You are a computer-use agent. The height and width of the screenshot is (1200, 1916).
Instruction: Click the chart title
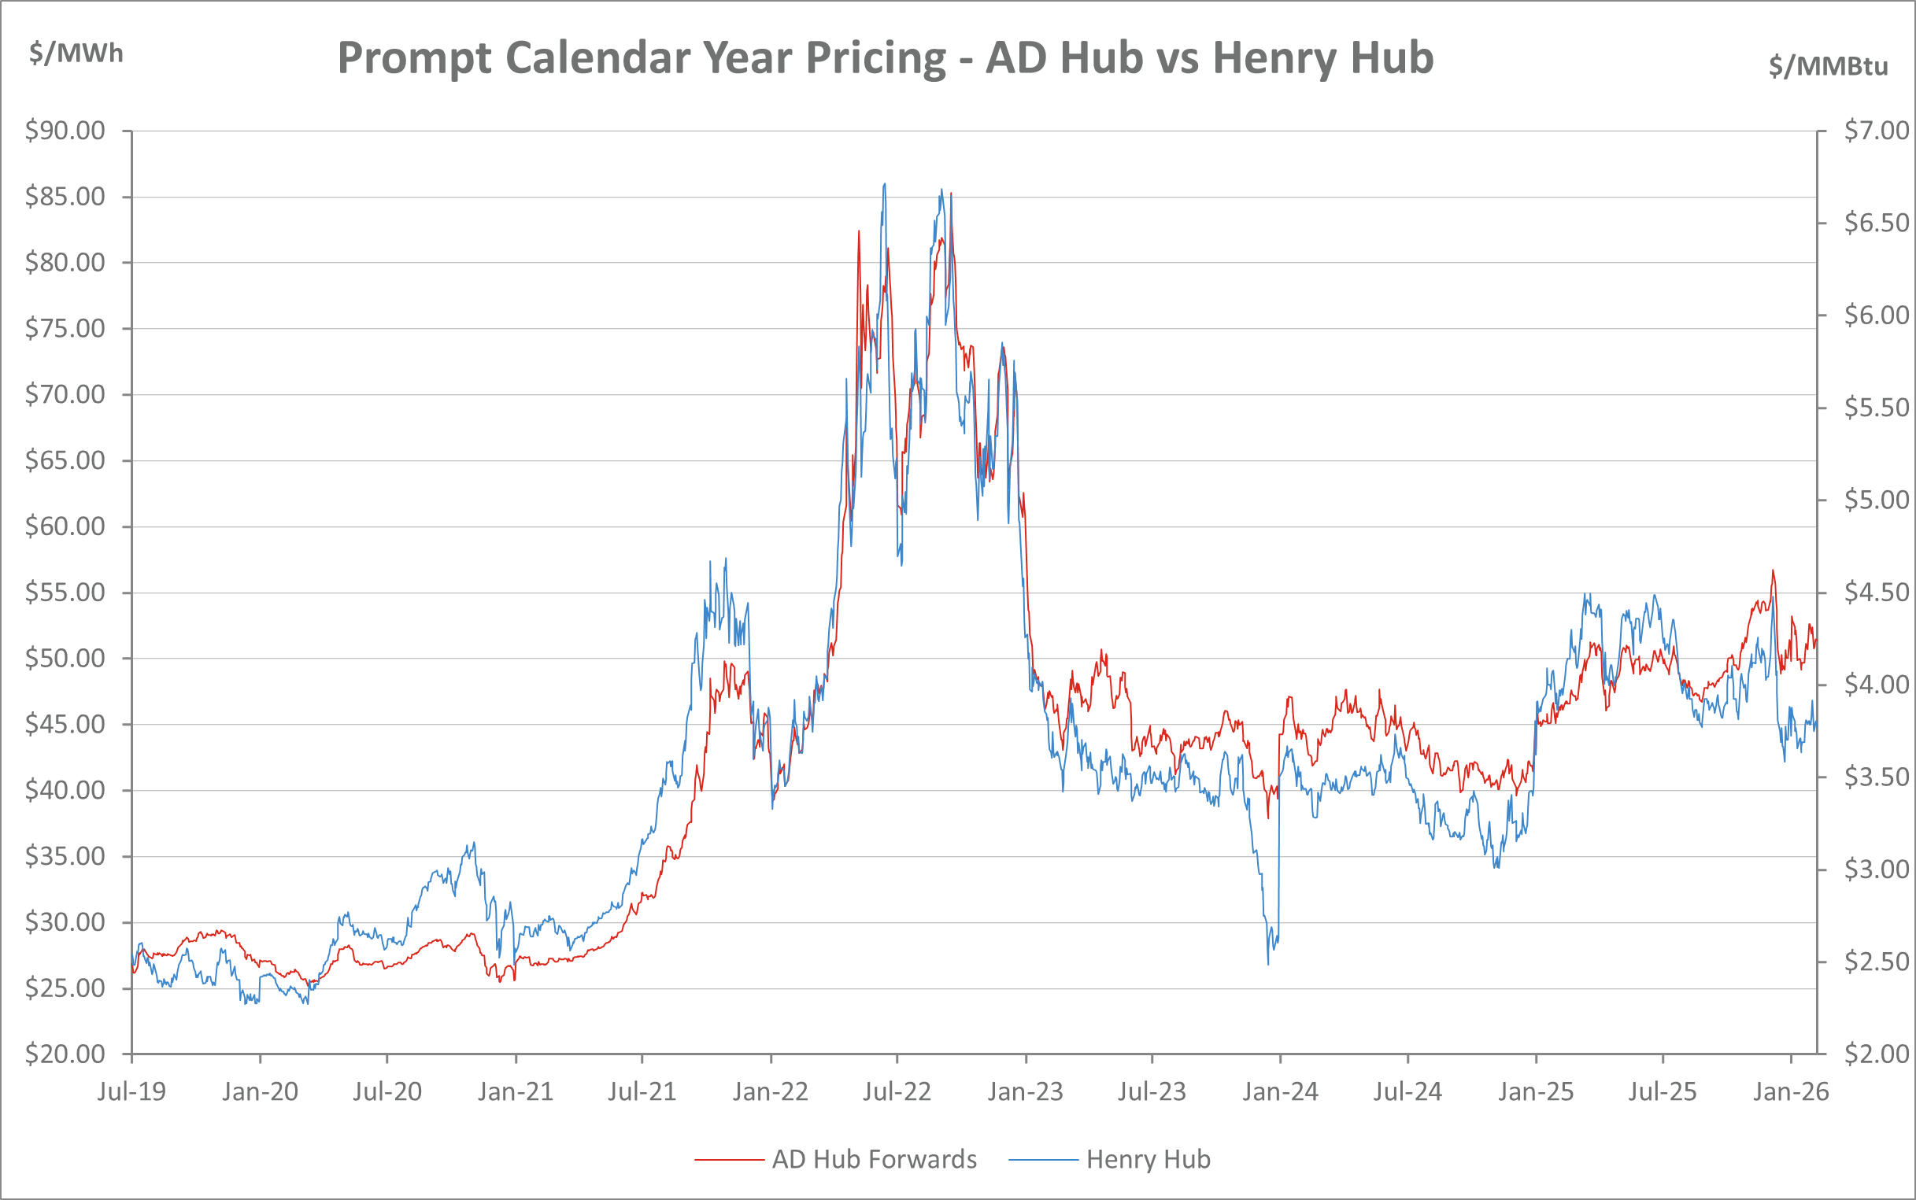(x=885, y=58)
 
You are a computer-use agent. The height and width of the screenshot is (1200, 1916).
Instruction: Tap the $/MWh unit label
(x=76, y=54)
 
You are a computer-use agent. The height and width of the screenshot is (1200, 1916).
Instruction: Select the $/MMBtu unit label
(x=1828, y=66)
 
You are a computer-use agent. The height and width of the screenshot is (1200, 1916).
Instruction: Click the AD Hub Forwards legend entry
(x=874, y=1160)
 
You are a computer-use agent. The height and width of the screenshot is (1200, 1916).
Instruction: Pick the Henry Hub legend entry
(x=1148, y=1160)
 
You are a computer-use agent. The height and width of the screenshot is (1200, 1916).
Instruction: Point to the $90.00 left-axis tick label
(x=65, y=130)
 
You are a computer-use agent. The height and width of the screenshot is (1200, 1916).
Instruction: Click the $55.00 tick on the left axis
(x=65, y=592)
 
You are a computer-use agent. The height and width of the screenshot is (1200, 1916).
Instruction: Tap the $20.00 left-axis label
(x=65, y=1054)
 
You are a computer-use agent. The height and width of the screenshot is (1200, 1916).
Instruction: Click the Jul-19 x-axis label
(x=131, y=1092)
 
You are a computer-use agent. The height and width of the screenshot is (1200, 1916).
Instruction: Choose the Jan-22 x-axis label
(x=770, y=1092)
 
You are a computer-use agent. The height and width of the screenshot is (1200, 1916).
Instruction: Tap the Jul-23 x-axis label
(x=1152, y=1092)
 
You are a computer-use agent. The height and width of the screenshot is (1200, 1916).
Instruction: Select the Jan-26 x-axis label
(x=1791, y=1092)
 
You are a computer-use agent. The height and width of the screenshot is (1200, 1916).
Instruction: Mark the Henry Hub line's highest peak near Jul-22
(x=884, y=185)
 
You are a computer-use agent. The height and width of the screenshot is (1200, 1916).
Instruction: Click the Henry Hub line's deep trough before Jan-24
(x=1268, y=962)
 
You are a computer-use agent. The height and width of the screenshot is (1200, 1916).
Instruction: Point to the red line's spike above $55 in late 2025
(x=1774, y=571)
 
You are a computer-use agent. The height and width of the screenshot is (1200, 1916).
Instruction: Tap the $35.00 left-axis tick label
(x=65, y=856)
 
